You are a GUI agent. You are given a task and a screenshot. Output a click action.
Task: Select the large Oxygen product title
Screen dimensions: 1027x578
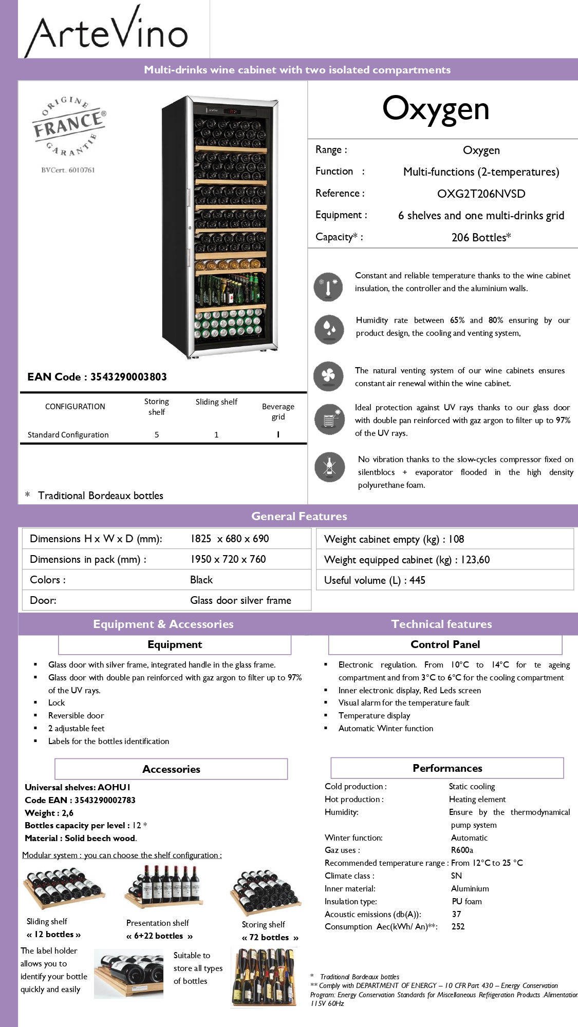click(x=436, y=109)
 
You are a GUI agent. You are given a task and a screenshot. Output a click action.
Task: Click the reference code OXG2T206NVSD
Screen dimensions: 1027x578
click(x=481, y=194)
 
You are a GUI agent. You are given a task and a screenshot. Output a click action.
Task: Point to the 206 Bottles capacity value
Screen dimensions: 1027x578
click(x=481, y=238)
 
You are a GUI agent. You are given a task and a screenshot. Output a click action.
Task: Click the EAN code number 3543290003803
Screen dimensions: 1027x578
click(x=128, y=377)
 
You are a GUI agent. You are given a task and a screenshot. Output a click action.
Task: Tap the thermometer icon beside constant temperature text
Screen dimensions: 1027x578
click(x=328, y=287)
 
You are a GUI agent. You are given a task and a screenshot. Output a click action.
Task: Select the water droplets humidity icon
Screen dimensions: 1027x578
click(x=328, y=329)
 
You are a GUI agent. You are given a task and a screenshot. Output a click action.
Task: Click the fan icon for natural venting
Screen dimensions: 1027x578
click(x=328, y=376)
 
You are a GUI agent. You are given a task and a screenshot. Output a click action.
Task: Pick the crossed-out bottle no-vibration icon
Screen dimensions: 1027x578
click(x=329, y=467)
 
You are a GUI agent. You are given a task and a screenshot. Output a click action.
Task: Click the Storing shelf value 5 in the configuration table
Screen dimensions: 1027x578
click(x=157, y=435)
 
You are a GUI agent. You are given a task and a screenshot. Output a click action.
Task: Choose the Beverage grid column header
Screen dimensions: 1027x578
click(x=278, y=411)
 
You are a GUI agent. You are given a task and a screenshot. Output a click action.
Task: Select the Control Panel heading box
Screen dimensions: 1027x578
click(x=445, y=644)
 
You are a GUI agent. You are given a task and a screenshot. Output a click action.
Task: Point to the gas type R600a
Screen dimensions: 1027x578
click(x=462, y=850)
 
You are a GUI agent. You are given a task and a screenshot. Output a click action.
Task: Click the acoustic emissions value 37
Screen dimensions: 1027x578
click(x=456, y=914)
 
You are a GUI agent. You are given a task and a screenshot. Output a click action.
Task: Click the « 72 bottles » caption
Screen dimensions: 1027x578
click(x=270, y=938)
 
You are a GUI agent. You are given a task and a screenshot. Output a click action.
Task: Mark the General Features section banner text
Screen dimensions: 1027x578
click(x=299, y=517)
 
